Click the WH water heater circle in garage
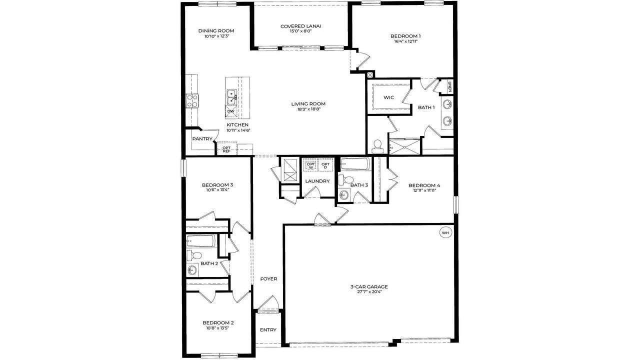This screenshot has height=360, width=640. tap(445, 232)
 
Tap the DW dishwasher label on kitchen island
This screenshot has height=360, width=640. tap(230, 111)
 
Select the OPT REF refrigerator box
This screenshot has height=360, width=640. tap(226, 149)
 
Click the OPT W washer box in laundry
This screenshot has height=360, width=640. tap(311, 165)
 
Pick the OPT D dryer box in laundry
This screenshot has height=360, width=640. tap(325, 165)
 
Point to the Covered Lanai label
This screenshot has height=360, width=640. tap(300, 26)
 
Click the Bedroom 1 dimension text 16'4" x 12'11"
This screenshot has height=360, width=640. tap(405, 41)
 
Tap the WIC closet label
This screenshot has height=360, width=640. tap(389, 97)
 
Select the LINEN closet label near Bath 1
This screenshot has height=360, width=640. tap(450, 87)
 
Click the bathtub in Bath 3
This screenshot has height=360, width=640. tap(355, 164)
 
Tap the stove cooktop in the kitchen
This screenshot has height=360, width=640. tap(192, 101)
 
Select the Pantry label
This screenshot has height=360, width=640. tap(202, 139)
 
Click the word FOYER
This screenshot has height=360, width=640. tap(268, 279)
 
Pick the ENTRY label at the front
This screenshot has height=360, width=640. tap(268, 330)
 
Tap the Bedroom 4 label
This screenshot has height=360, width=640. tap(424, 184)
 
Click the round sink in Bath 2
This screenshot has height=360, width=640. tap(193, 270)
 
